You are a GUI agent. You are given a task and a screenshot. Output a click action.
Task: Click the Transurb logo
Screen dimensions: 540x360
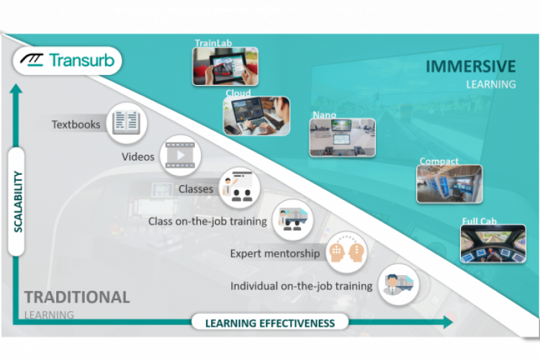coord(68,60)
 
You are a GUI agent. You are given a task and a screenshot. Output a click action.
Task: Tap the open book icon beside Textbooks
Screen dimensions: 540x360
coord(127,123)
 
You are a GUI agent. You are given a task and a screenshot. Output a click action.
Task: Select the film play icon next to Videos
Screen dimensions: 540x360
coord(181,156)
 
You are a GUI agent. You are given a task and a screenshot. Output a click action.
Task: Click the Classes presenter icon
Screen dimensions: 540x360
coord(239,188)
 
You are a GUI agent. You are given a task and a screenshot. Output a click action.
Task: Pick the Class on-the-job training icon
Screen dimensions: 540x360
coord(293,220)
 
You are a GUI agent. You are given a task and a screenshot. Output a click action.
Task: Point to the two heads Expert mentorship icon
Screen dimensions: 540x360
coord(346,252)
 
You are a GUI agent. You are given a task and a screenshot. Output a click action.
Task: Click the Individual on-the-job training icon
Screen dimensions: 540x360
coord(399,284)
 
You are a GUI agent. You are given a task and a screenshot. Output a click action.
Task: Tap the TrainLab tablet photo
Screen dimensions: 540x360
coord(225,66)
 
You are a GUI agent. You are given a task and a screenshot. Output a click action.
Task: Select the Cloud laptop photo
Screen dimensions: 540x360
coord(256,116)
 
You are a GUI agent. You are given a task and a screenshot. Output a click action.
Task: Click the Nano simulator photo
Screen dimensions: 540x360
coord(342,138)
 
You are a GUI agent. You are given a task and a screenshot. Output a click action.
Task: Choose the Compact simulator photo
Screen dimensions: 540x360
coord(449,184)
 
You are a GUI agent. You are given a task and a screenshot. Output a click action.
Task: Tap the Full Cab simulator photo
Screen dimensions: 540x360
coord(493,244)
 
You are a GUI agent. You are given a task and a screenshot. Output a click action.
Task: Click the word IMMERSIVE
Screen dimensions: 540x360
coord(471,66)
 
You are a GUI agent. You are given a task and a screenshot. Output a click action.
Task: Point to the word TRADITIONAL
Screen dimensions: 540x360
coord(77,297)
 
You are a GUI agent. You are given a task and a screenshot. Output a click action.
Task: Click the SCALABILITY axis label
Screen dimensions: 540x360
coord(17,202)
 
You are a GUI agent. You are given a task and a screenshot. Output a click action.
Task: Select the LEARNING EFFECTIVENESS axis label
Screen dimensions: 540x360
coord(270,323)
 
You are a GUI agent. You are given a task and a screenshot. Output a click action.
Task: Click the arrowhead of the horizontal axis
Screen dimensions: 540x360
coord(448,322)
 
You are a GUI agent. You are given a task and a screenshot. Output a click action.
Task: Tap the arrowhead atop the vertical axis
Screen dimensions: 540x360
coord(16,89)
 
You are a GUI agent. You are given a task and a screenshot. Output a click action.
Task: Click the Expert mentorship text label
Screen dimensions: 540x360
coord(275,253)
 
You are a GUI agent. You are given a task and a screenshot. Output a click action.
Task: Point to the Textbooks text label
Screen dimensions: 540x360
coord(76,125)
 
